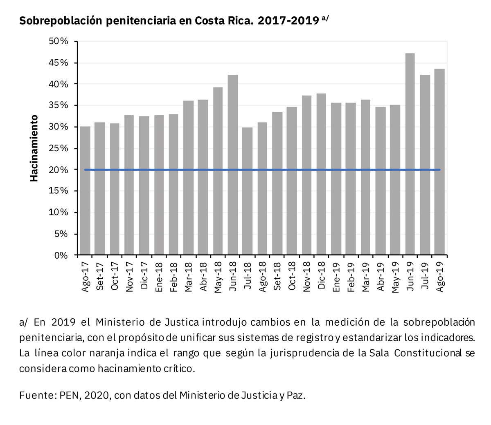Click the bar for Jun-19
410,154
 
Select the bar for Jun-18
233,165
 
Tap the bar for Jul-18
248,191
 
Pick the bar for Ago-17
85,191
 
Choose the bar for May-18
218,171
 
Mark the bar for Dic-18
321,174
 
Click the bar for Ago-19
439,162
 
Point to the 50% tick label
59,41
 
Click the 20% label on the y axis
59,170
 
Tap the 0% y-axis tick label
61,255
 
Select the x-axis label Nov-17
129,277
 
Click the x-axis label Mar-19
366,277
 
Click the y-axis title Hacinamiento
34,148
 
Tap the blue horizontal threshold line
262,170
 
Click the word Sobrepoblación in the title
61,21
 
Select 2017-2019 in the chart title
288,21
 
